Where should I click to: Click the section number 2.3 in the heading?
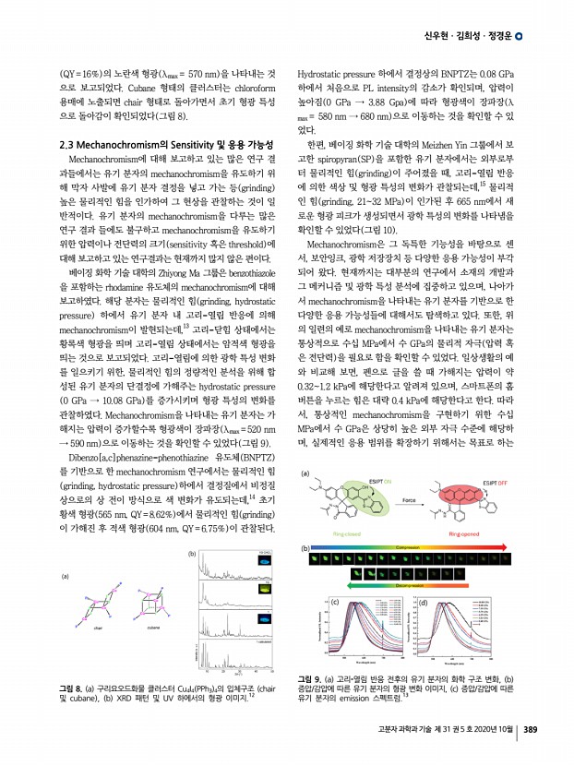66,145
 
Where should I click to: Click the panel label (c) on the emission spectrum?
334,600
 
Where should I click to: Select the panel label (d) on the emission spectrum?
422,600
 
